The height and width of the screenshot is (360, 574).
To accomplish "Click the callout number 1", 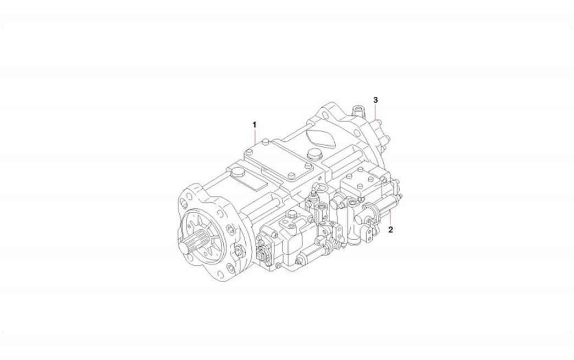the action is click(x=255, y=125).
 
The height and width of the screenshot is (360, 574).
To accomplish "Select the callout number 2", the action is click(x=390, y=230).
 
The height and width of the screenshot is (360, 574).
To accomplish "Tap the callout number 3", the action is click(x=375, y=100).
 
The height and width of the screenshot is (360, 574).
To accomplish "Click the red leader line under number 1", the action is click(x=255, y=137).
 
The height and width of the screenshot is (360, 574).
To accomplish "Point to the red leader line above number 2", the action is click(x=390, y=218).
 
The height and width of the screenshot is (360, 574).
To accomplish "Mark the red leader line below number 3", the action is click(x=376, y=111).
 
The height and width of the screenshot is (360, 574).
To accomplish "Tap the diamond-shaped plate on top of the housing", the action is click(x=319, y=136).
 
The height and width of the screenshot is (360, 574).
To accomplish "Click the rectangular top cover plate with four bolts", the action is click(x=279, y=161).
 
